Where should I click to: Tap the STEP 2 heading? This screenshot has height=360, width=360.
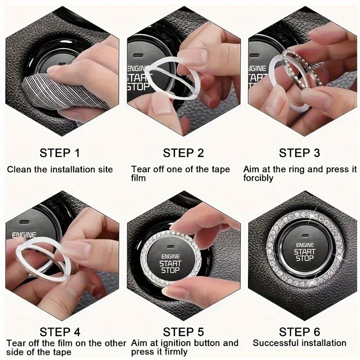(183, 153)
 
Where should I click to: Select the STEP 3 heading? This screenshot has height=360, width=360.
(299, 153)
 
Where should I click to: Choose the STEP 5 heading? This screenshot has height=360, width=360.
(183, 332)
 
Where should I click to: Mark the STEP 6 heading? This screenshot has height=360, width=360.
(299, 332)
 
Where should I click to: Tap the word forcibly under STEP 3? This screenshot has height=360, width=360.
(258, 178)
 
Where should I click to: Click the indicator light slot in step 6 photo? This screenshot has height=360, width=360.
(305, 235)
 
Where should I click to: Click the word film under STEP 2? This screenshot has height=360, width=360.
(139, 178)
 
